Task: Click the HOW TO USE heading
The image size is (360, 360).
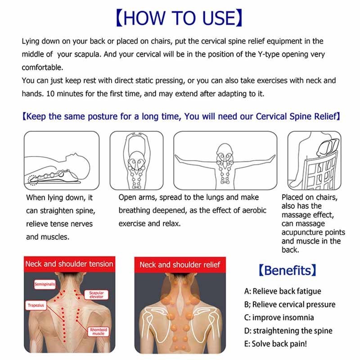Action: point(179,18)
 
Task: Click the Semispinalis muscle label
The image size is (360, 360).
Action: point(45,284)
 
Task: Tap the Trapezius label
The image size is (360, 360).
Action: point(36,306)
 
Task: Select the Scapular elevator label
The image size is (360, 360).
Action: point(96,295)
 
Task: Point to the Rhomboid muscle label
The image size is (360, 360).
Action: point(98,332)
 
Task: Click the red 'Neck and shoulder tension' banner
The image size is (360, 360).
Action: point(69,264)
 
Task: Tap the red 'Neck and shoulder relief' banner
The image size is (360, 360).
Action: point(180,265)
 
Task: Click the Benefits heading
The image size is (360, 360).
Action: point(288,270)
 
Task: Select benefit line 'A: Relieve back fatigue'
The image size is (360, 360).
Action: point(283,291)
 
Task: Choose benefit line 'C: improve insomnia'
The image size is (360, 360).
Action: point(279,318)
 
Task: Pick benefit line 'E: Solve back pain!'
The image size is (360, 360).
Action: point(275,344)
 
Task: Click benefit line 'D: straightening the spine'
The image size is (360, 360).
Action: point(288,331)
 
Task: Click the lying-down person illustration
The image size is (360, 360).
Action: point(62,161)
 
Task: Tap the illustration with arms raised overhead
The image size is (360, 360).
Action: point(137,161)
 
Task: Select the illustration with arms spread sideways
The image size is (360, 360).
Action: point(225,161)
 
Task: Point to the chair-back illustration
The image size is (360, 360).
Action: point(314,161)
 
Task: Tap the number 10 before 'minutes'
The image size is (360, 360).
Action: point(50,94)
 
